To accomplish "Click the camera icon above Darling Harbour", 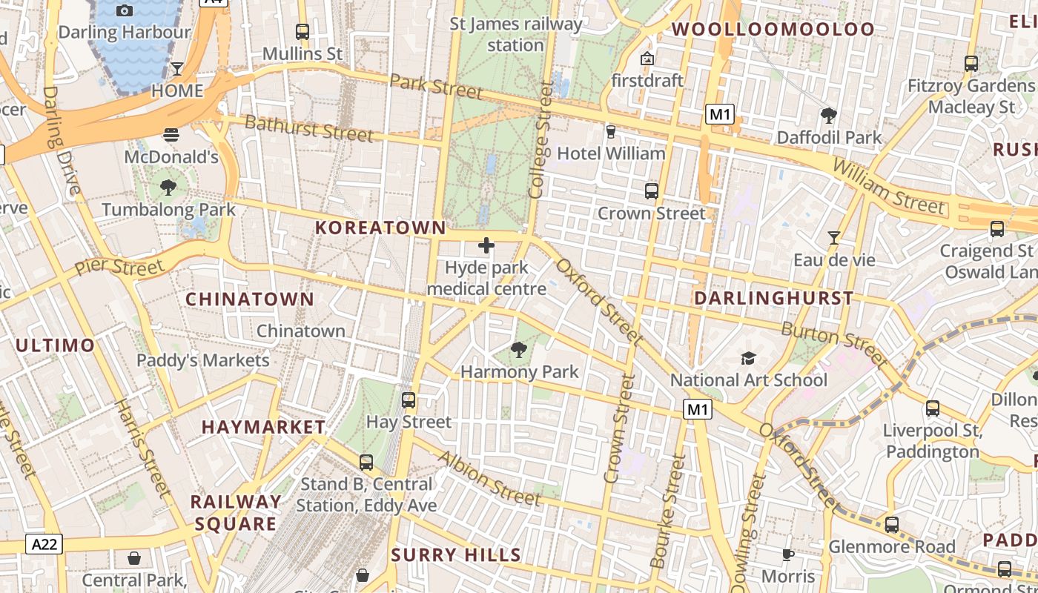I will pos(125,10).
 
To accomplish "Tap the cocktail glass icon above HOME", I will pos(177,69).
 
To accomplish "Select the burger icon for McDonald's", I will pos(171,135).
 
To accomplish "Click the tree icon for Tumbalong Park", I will pos(168,188).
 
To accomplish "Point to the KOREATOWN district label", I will pos(381,228).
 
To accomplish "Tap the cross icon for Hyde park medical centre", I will pos(486,245).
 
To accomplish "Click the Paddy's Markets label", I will pos(203,360).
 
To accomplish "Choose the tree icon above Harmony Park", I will pos(519,349).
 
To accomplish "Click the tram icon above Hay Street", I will pos(409,400).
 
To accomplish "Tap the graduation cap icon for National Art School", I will pos(748,359).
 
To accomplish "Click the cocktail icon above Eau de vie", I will pos(834,238).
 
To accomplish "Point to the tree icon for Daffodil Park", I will pos(829,116).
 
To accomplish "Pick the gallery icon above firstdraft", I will pos(647,59).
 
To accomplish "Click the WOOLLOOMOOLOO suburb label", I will pos(773,30).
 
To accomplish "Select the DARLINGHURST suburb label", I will pos(773,298).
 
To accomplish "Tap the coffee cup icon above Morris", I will pos(788,554).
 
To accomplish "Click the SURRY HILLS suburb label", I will pos(456,554).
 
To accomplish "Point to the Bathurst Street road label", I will pos(308,128).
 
